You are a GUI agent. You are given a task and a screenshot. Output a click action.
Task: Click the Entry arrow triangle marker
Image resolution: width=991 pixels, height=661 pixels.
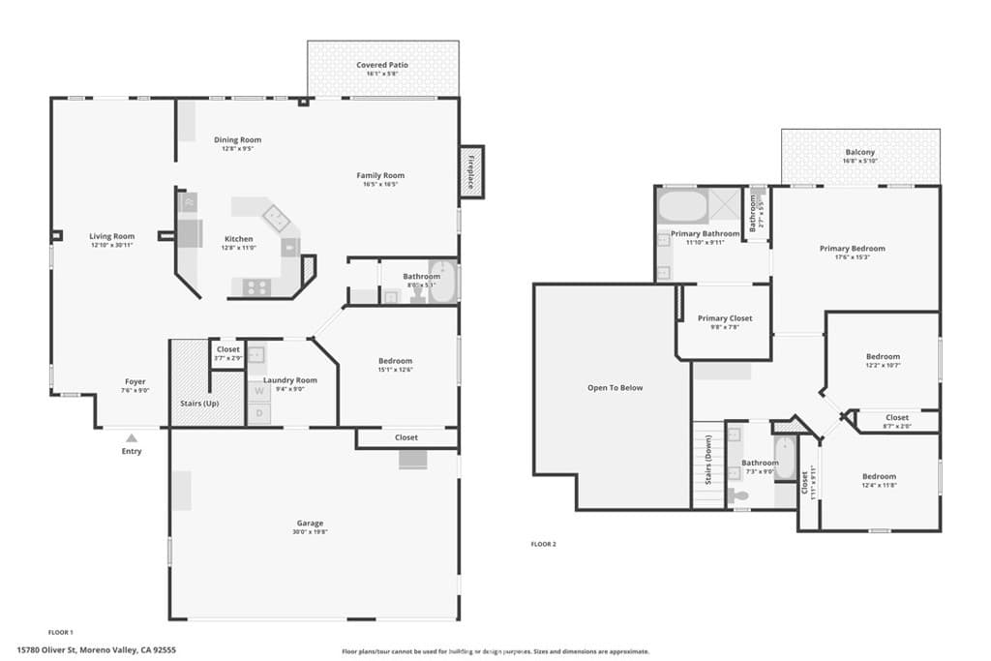pyautogui.click(x=132, y=438)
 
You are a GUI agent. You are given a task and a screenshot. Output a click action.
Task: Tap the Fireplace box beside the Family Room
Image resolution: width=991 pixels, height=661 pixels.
pyautogui.click(x=471, y=171)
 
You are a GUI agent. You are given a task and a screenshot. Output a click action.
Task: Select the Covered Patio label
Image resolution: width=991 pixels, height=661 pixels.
pyautogui.click(x=382, y=65)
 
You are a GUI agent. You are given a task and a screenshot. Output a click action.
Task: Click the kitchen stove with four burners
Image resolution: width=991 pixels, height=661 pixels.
pyautogui.click(x=255, y=286)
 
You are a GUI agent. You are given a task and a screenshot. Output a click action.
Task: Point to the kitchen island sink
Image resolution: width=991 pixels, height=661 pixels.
pyautogui.click(x=277, y=218)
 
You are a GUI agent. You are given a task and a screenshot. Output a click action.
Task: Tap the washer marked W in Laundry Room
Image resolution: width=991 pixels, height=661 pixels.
pyautogui.click(x=258, y=392)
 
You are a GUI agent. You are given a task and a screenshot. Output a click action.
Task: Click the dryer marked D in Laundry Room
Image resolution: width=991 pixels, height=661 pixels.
pyautogui.click(x=258, y=414)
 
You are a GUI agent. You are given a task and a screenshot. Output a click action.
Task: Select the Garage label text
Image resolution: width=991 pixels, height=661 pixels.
pyautogui.click(x=310, y=523)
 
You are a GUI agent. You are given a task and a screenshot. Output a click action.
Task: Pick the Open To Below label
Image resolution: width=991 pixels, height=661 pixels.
pyautogui.click(x=615, y=388)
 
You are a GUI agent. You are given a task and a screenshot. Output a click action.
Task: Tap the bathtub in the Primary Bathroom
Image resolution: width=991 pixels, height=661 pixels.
pyautogui.click(x=683, y=206)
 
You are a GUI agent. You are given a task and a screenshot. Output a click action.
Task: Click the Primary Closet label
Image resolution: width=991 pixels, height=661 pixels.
pyautogui.click(x=725, y=318)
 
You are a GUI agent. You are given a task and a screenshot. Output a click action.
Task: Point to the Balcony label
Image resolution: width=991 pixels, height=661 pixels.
pyautogui.click(x=859, y=152)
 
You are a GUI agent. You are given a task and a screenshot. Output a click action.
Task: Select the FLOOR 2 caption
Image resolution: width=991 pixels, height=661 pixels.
pyautogui.click(x=544, y=544)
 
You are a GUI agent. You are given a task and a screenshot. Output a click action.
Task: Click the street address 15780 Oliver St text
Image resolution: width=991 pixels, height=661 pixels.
pyautogui.click(x=96, y=650)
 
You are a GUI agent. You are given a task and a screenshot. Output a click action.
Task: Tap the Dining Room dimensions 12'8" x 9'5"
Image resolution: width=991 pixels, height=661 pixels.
pyautogui.click(x=237, y=149)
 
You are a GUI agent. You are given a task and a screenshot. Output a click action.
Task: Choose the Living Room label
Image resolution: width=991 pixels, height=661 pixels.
pyautogui.click(x=112, y=236)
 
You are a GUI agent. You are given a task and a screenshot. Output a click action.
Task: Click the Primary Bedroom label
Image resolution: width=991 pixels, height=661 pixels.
pyautogui.click(x=852, y=249)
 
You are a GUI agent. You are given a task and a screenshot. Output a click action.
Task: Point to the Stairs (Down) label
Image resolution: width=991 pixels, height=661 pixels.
pyautogui.click(x=708, y=465)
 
